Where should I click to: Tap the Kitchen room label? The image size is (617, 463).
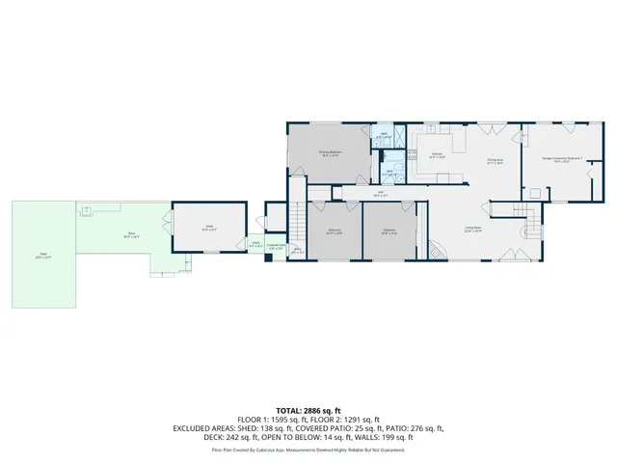pyautogui.click(x=436, y=154)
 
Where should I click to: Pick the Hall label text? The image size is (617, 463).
pyautogui.click(x=380, y=194)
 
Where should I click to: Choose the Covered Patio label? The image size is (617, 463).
pyautogui.click(x=276, y=247)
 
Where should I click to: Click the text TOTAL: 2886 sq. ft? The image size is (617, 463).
pyautogui.click(x=308, y=410)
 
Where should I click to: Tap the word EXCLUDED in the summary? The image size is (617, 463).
pyautogui.click(x=196, y=429)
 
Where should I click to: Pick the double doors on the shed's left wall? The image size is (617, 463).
pyautogui.click(x=174, y=229)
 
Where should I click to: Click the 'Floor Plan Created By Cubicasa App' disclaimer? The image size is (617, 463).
pyautogui.click(x=308, y=449)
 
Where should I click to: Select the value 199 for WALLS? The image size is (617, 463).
pyautogui.click(x=389, y=439)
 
